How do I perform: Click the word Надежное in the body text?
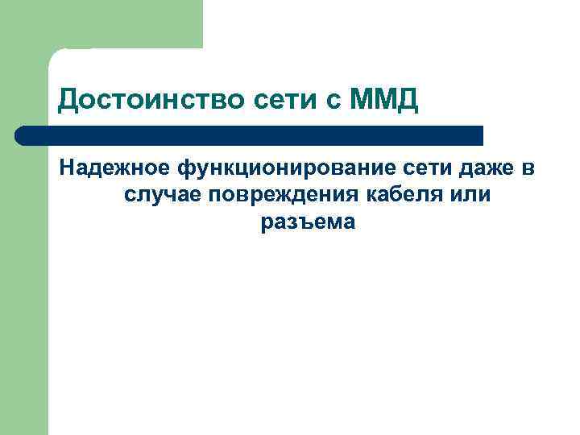(114, 168)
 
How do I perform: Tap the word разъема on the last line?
(307, 222)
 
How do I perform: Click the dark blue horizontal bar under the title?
(250, 135)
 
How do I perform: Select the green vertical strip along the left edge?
(24, 282)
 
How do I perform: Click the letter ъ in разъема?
(301, 222)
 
